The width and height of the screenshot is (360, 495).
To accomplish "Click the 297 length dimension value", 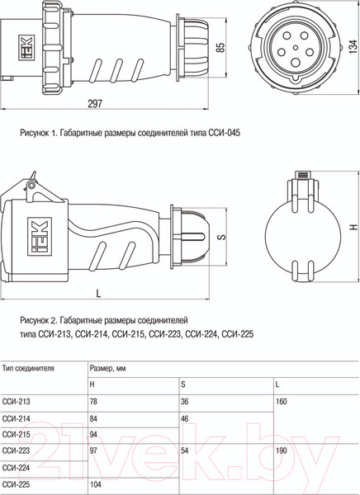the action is pos(95,104).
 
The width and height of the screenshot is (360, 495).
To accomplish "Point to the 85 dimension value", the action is pos(221,47).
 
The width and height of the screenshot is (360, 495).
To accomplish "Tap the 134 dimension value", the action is pos(353,47).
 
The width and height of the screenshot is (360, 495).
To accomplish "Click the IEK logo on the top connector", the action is pos(26,47).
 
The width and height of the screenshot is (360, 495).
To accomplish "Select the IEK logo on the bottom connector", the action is pos(40,236).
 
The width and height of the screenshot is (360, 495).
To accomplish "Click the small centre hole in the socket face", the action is pos(296,48).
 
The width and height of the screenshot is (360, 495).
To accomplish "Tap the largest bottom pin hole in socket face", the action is pos(296,62).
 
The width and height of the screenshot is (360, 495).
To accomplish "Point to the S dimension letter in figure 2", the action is pos(222,236).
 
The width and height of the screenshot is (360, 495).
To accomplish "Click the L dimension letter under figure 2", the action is pos(98,294).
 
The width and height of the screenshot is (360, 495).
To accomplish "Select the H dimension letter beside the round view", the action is pos(353,227).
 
